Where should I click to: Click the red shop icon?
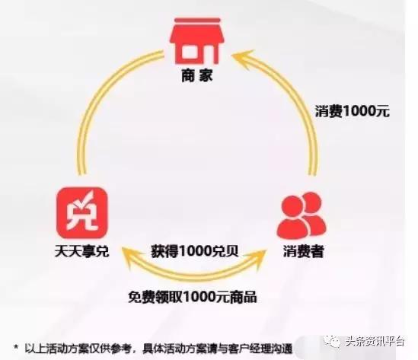195,41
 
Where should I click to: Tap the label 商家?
196,75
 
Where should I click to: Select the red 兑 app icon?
82,212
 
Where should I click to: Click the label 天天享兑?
81,250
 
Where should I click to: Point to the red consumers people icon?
302,215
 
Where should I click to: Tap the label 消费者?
303,251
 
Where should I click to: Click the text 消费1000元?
353,111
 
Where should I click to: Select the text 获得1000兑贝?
195,250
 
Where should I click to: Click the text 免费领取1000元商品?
193,297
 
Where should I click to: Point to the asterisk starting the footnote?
16,347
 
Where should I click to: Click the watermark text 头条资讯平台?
375,341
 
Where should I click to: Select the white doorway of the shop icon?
190,52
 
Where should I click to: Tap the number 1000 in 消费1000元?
358,111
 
